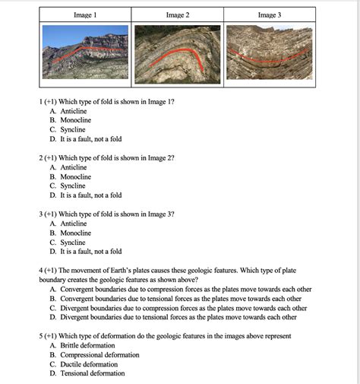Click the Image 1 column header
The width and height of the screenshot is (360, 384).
tap(85, 14)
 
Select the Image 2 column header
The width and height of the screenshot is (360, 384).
tap(178, 14)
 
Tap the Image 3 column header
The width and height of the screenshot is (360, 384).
tap(270, 14)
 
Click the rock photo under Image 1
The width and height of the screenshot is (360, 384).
tap(85, 52)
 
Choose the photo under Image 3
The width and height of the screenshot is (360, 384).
tap(270, 52)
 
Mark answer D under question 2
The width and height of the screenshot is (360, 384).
tap(85, 195)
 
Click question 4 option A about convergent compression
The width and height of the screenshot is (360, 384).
tap(181, 290)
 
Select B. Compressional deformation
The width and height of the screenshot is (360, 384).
tap(94, 354)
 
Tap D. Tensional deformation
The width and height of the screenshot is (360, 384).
tap(87, 373)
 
